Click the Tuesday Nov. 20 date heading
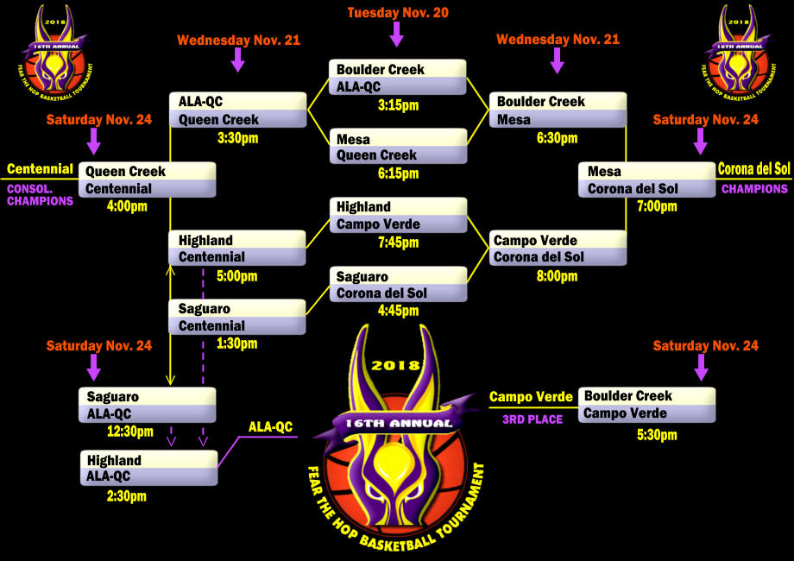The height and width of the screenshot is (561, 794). pos(398,13)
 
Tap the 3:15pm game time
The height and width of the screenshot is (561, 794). pos(398,105)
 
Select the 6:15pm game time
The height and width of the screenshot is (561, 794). pos(398,173)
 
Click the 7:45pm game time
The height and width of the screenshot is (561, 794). pos(398,243)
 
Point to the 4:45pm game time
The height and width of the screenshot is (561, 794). pos(398,312)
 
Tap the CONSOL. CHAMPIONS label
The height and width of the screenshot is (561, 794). pos(40,194)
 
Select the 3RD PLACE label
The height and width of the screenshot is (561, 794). pos(532,419)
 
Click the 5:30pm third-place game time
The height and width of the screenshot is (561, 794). pos(657,435)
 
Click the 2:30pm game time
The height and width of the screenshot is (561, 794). pos(126,496)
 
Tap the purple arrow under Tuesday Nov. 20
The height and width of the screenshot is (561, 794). pos(397,35)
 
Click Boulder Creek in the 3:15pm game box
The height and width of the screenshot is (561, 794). pos(381,69)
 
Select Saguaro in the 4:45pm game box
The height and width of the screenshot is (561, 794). pos(362,276)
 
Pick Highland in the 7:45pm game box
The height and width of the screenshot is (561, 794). pos(363,207)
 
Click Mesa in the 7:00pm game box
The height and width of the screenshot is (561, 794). pos(604,171)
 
